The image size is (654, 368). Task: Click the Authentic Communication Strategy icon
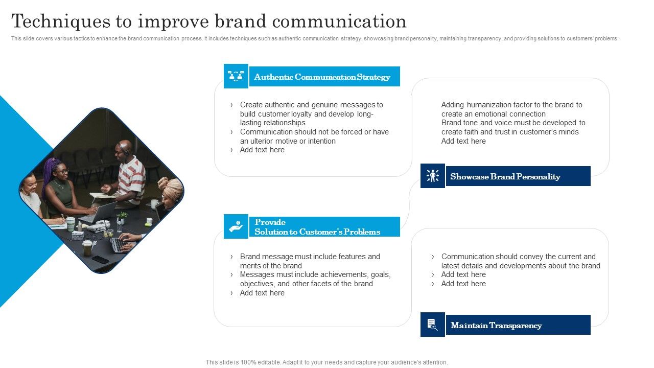pos(236,76)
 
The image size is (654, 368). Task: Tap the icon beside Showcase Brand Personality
pos(433,176)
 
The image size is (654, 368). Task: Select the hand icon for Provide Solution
pos(236,226)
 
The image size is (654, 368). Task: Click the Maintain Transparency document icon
pos(433,325)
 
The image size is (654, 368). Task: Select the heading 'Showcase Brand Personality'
pos(505,177)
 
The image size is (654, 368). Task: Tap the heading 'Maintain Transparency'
pos(496,326)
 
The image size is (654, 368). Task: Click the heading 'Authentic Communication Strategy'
pos(322,77)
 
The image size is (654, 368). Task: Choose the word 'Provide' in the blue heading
pos(270,222)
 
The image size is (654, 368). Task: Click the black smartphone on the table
pos(100,259)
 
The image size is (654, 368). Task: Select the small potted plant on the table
pos(121,219)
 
